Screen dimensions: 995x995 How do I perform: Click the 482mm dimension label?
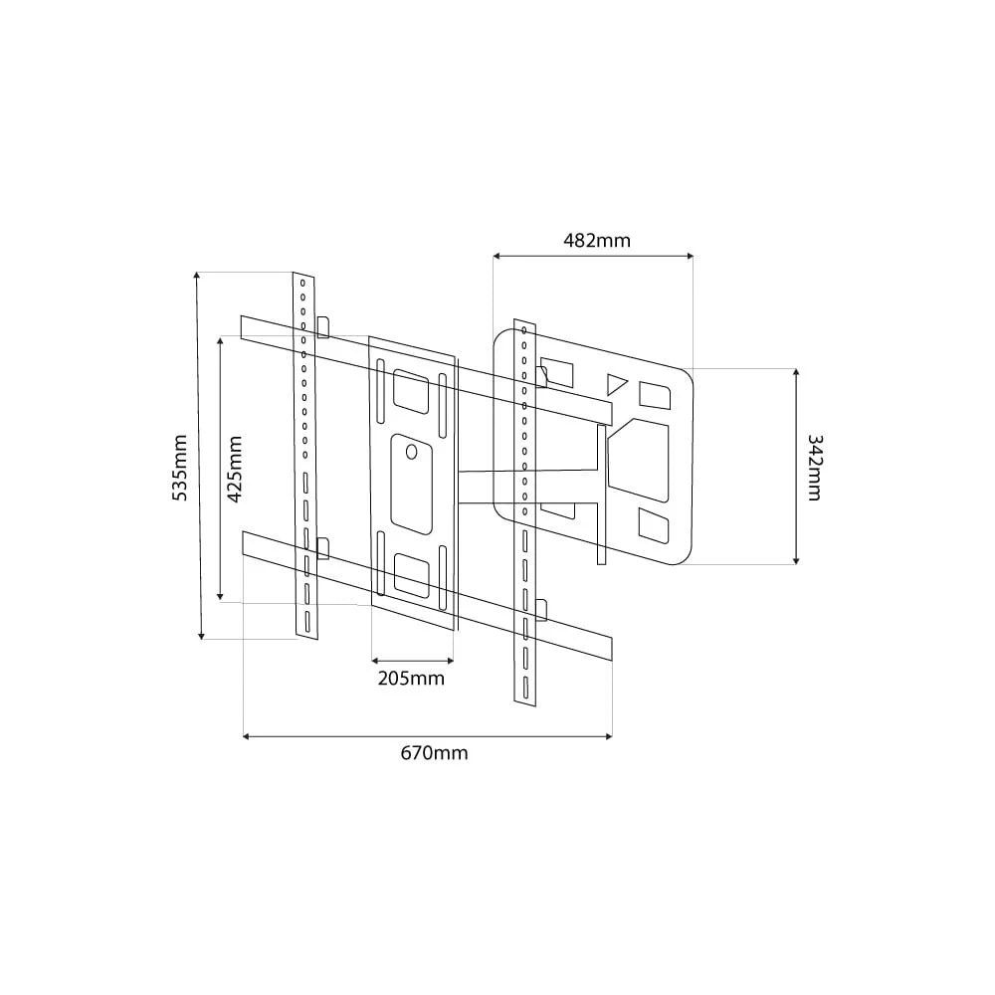tap(597, 240)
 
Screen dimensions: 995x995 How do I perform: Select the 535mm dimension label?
tap(180, 468)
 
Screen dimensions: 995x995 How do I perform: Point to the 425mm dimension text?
tap(235, 471)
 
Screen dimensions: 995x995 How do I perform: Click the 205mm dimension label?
tap(411, 680)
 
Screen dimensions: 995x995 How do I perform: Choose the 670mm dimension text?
tap(434, 753)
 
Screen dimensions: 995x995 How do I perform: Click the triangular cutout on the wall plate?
tap(617, 383)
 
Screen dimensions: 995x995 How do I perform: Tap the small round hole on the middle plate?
tap(412, 452)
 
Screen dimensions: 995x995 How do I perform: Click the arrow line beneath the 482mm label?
tap(593, 257)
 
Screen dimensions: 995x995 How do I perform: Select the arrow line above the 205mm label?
tap(412, 659)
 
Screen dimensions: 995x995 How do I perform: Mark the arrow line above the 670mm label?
tap(428, 736)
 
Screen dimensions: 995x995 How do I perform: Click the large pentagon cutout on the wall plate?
tap(640, 457)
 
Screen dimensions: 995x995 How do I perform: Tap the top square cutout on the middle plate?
tap(410, 389)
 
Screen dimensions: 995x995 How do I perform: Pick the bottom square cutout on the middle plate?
tap(410, 574)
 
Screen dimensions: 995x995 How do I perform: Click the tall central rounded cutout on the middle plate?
tap(411, 482)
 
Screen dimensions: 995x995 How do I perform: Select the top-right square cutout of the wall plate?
tap(656, 394)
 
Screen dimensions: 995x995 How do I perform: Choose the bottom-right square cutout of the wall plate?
tap(654, 526)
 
